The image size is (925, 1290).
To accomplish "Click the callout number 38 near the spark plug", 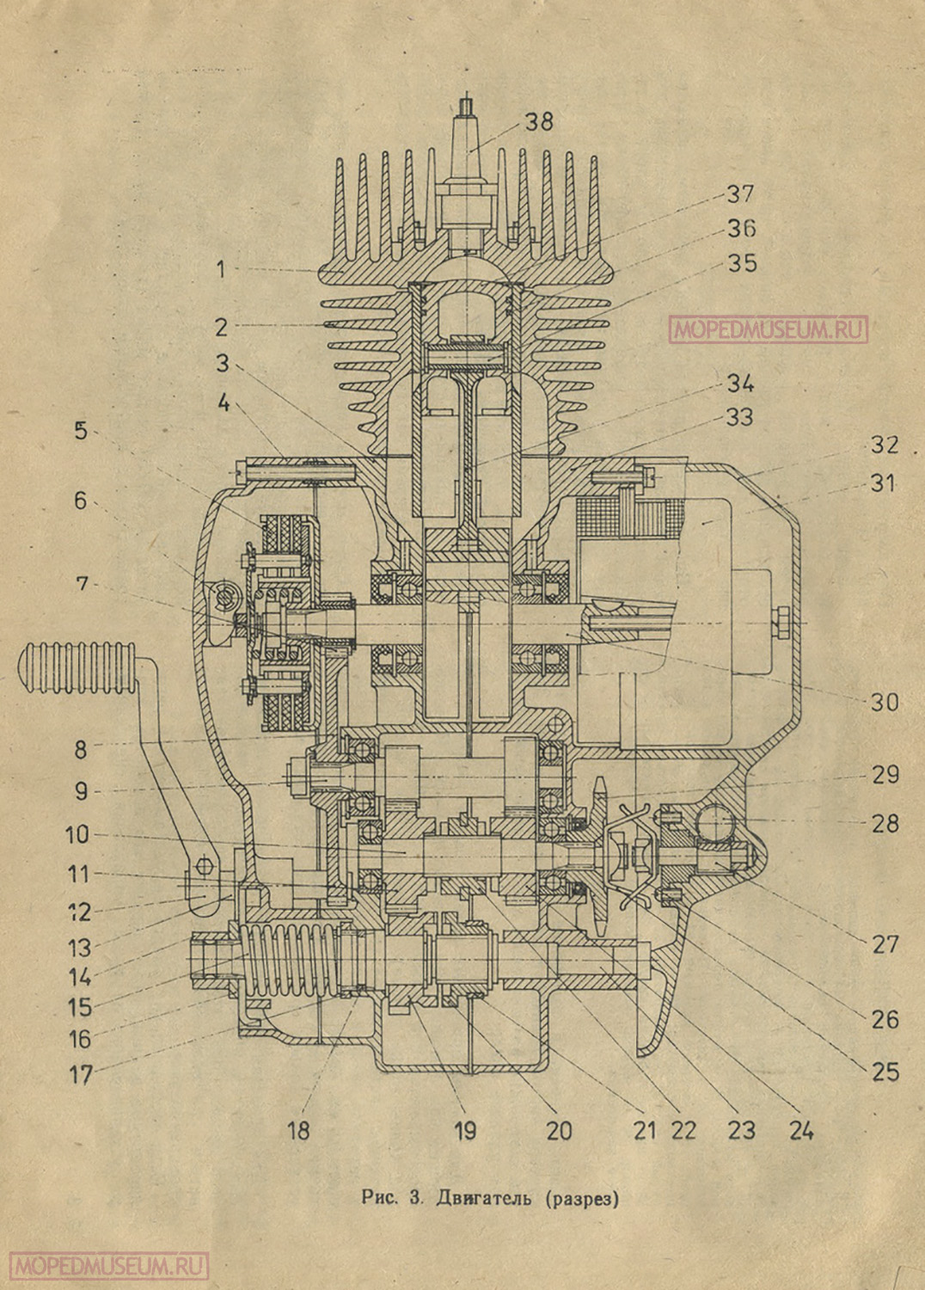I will [x=540, y=121].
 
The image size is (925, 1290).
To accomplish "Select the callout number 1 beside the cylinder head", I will [x=221, y=270].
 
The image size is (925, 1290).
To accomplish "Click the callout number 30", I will [x=884, y=703].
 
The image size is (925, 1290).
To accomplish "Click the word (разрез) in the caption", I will [x=582, y=1198].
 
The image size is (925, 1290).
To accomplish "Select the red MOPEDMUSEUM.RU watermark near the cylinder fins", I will [x=768, y=329].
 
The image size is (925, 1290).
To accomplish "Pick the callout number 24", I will [x=799, y=1128].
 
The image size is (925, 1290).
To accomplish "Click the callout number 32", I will [x=883, y=445].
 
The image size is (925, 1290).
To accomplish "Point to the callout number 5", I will [x=81, y=430].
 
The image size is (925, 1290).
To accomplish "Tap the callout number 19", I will [x=465, y=1129].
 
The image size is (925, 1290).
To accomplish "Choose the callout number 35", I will [x=740, y=262].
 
